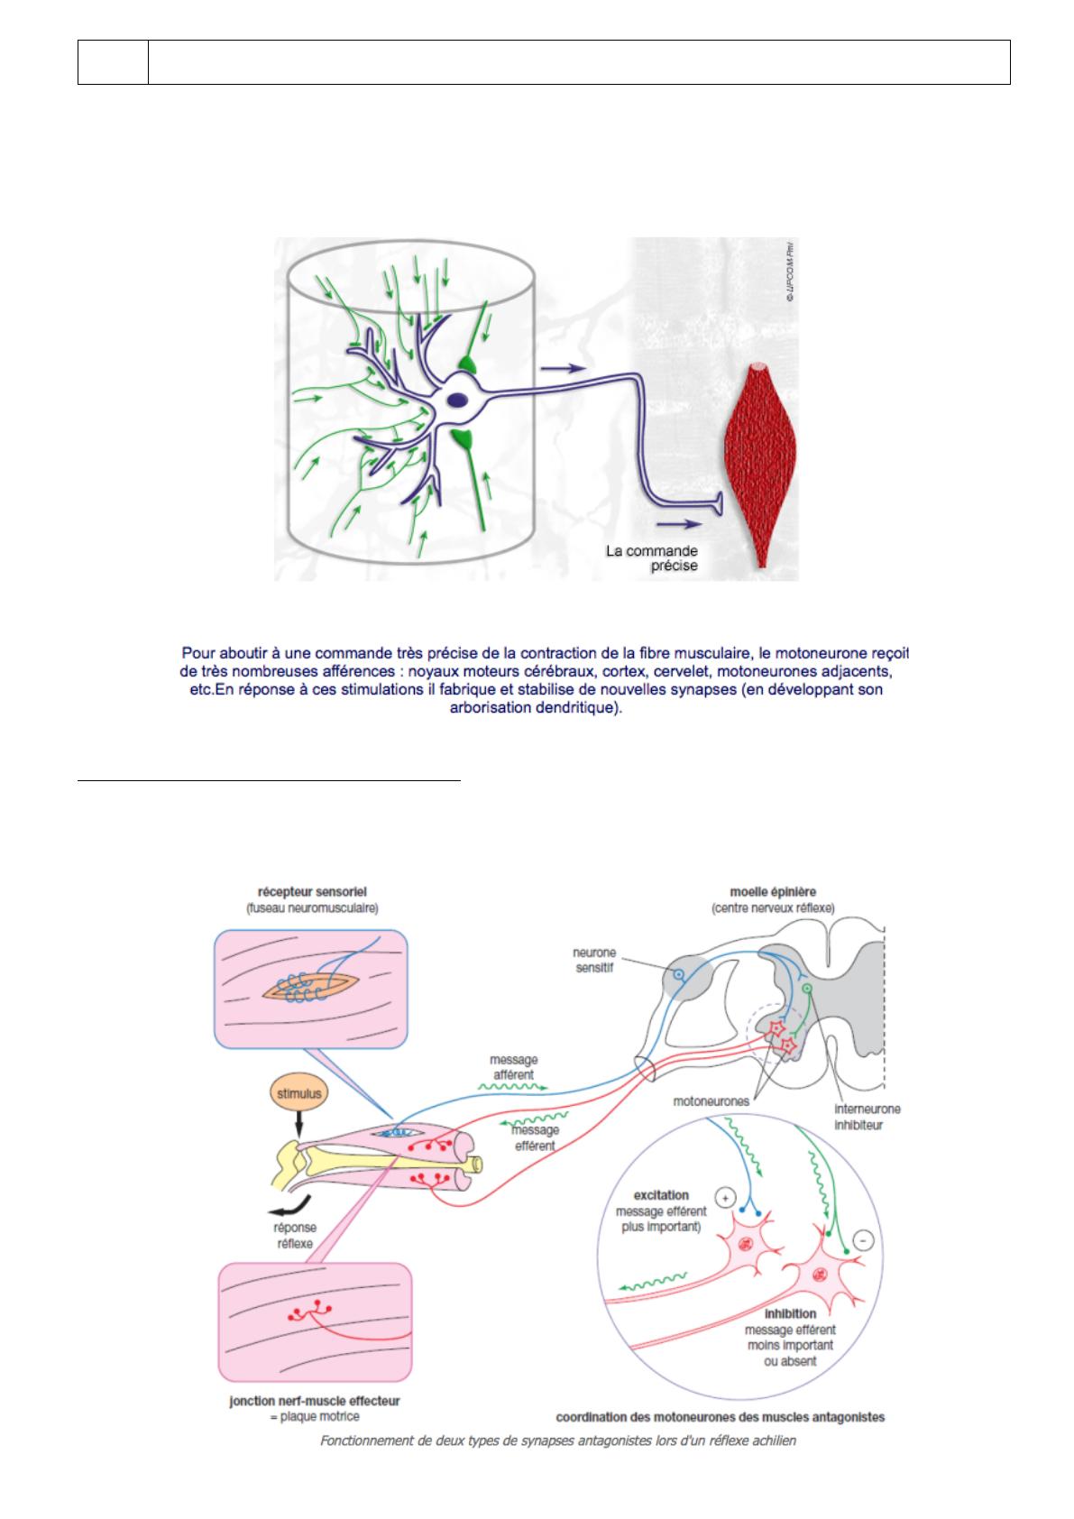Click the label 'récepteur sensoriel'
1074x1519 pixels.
coord(312,893)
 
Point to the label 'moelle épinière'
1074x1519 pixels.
coord(772,892)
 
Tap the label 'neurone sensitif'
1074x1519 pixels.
coord(594,960)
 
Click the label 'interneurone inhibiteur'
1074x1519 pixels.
coord(867,1117)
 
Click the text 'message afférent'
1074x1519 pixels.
coord(513,1067)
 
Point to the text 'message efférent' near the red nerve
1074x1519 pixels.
coord(535,1137)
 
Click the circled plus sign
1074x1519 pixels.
coord(724,1198)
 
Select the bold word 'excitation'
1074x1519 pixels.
coord(662,1196)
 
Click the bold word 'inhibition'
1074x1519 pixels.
coord(790,1314)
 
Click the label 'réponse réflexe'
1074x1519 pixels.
coord(294,1236)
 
